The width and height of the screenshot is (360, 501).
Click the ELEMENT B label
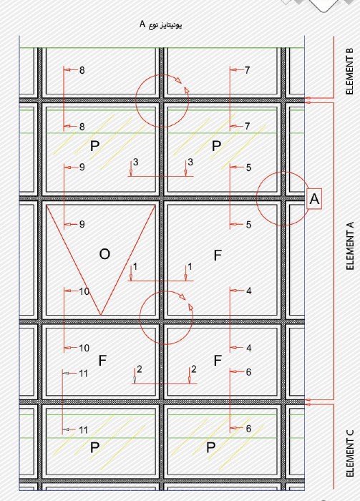[x=350, y=72]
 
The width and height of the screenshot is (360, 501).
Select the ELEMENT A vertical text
[x=350, y=245]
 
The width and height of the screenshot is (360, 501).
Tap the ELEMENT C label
[x=350, y=453]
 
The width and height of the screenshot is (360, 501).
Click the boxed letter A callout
[x=314, y=199]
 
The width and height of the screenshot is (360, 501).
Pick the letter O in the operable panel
[x=104, y=254]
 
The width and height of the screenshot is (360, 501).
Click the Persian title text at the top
[x=160, y=24]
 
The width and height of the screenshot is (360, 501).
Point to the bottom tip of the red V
[x=101, y=315]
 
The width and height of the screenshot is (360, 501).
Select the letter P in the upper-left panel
[x=94, y=146]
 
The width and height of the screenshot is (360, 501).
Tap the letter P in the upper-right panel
[x=216, y=146]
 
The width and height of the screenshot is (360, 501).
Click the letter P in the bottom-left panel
[x=94, y=447]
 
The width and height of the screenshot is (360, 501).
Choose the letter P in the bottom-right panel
[x=210, y=447]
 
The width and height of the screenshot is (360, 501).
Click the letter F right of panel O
[x=218, y=256]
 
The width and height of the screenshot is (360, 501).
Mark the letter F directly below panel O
[x=102, y=361]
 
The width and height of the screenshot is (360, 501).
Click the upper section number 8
[x=82, y=70]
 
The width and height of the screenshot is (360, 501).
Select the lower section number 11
[x=83, y=430]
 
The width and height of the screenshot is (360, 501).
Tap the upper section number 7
[x=247, y=70]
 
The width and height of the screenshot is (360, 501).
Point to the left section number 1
[x=135, y=266]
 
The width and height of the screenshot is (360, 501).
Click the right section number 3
[x=190, y=162]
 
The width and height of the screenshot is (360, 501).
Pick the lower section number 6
[x=248, y=429]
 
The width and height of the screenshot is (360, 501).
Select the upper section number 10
[x=84, y=291]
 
